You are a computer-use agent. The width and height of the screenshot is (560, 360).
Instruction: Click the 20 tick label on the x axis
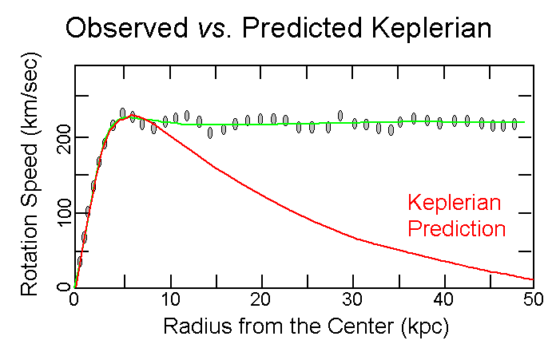pyautogui.click(x=258, y=300)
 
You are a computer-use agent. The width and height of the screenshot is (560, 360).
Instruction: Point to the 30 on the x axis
pyautogui.click(x=350, y=300)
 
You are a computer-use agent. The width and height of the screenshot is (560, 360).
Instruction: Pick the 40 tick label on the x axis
pyautogui.click(x=441, y=300)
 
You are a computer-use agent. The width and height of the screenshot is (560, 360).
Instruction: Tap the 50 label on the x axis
pyautogui.click(x=533, y=300)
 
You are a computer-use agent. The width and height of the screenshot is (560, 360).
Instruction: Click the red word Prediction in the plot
pyautogui.click(x=456, y=229)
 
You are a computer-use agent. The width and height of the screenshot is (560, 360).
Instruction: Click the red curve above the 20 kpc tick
pyautogui.click(x=258, y=189)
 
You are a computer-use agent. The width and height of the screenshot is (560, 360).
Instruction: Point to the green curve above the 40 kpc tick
pyautogui.click(x=441, y=122)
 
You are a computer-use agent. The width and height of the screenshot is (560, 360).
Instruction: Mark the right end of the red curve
pyautogui.click(x=532, y=279)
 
